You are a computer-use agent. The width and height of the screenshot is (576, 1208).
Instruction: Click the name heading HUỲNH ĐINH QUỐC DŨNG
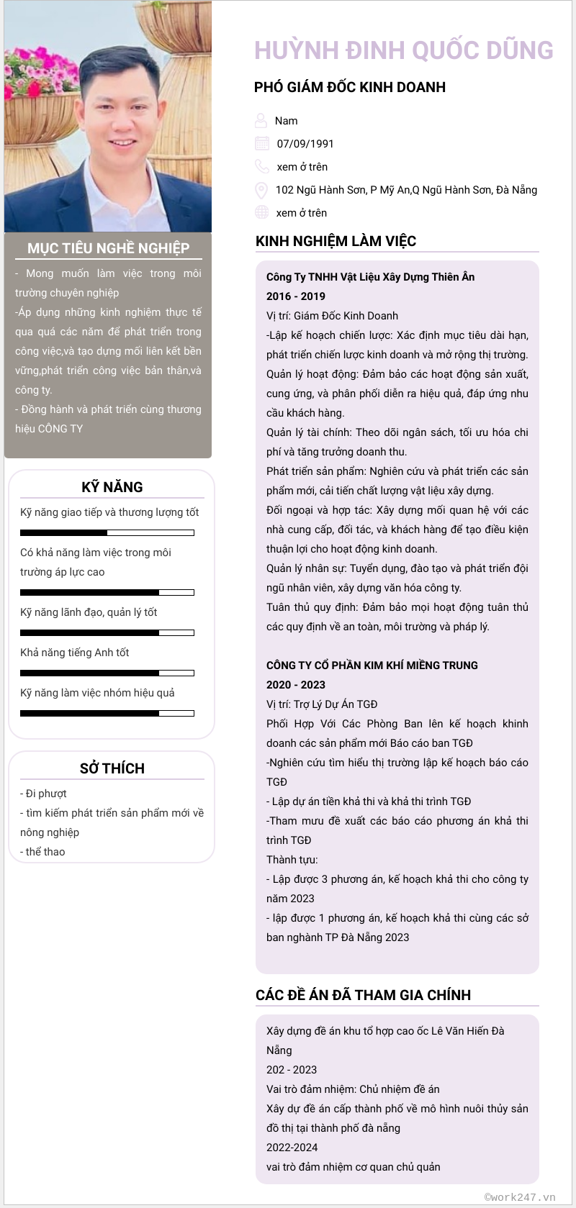click(x=403, y=50)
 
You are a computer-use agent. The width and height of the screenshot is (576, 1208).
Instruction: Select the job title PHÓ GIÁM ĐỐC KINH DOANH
click(x=350, y=88)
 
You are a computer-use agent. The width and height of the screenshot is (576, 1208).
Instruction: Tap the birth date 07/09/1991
click(x=305, y=144)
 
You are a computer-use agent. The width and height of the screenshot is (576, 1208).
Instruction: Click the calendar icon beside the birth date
click(x=262, y=143)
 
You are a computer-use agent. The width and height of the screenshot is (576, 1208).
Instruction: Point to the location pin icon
click(x=261, y=190)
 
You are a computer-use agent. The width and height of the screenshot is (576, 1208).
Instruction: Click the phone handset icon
click(x=262, y=167)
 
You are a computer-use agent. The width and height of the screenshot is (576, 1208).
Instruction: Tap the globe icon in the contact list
click(x=262, y=212)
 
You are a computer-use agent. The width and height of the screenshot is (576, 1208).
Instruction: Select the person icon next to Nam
click(x=261, y=120)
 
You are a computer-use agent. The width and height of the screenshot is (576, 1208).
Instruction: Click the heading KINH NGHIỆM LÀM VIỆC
click(x=336, y=241)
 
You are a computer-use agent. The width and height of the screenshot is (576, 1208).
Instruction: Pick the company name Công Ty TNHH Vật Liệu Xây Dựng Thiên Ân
click(x=370, y=277)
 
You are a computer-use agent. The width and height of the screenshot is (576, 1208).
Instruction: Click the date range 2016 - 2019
click(x=296, y=296)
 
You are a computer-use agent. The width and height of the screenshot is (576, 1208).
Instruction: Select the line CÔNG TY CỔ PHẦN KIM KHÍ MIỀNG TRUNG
click(x=372, y=666)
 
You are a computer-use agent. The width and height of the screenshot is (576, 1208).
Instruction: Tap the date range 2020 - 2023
click(x=296, y=685)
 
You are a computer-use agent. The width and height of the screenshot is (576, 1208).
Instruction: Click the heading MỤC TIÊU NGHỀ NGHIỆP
click(x=109, y=248)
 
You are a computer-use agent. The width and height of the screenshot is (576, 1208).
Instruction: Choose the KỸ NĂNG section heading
click(x=112, y=487)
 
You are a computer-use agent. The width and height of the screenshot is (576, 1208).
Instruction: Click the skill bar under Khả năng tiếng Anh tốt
click(x=107, y=673)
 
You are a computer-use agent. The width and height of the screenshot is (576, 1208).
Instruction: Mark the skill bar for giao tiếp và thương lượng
click(x=107, y=533)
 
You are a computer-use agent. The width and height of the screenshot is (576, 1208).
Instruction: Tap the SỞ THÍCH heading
click(x=112, y=768)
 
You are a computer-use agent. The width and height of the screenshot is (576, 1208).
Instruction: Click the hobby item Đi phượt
click(x=45, y=794)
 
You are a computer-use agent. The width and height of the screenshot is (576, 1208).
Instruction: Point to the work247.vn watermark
click(x=520, y=1197)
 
